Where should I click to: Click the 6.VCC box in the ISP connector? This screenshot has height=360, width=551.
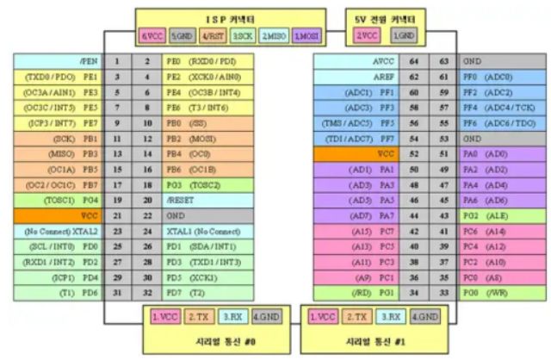click(152, 37)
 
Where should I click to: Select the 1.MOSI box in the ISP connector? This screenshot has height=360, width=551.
click(306, 37)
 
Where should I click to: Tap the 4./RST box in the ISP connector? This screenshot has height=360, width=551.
click(213, 37)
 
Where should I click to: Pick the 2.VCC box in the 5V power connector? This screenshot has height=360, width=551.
click(368, 36)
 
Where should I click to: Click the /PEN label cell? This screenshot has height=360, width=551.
click(59, 62)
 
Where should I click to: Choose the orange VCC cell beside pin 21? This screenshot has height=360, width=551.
click(59, 214)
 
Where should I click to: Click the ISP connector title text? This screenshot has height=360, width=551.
click(231, 18)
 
